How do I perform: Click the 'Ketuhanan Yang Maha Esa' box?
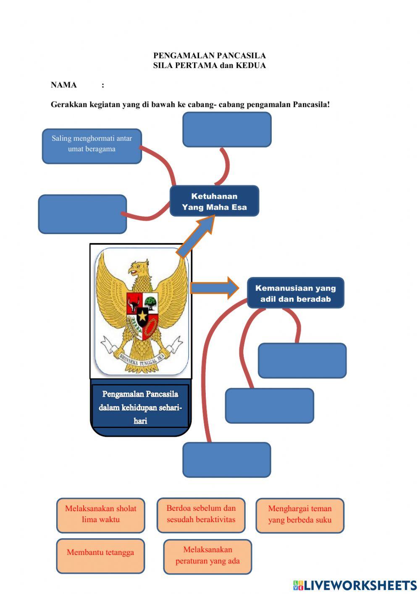(214, 201)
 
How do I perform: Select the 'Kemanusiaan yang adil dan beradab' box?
(295, 293)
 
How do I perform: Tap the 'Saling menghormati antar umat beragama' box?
(92, 146)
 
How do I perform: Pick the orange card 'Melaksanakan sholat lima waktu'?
(100, 515)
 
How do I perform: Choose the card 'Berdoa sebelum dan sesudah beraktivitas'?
(201, 515)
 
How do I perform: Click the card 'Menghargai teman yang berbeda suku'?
(299, 515)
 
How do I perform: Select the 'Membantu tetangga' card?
(100, 555)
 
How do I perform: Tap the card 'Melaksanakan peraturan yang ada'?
(207, 556)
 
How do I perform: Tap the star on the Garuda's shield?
(142, 316)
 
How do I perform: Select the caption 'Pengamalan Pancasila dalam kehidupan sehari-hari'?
(140, 407)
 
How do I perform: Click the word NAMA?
(63, 85)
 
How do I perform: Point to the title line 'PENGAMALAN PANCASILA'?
(209, 55)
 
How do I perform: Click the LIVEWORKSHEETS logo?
(355, 585)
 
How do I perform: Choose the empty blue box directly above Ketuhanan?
(227, 129)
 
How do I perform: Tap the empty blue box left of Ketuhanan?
(82, 214)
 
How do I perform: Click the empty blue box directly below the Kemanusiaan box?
(302, 360)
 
